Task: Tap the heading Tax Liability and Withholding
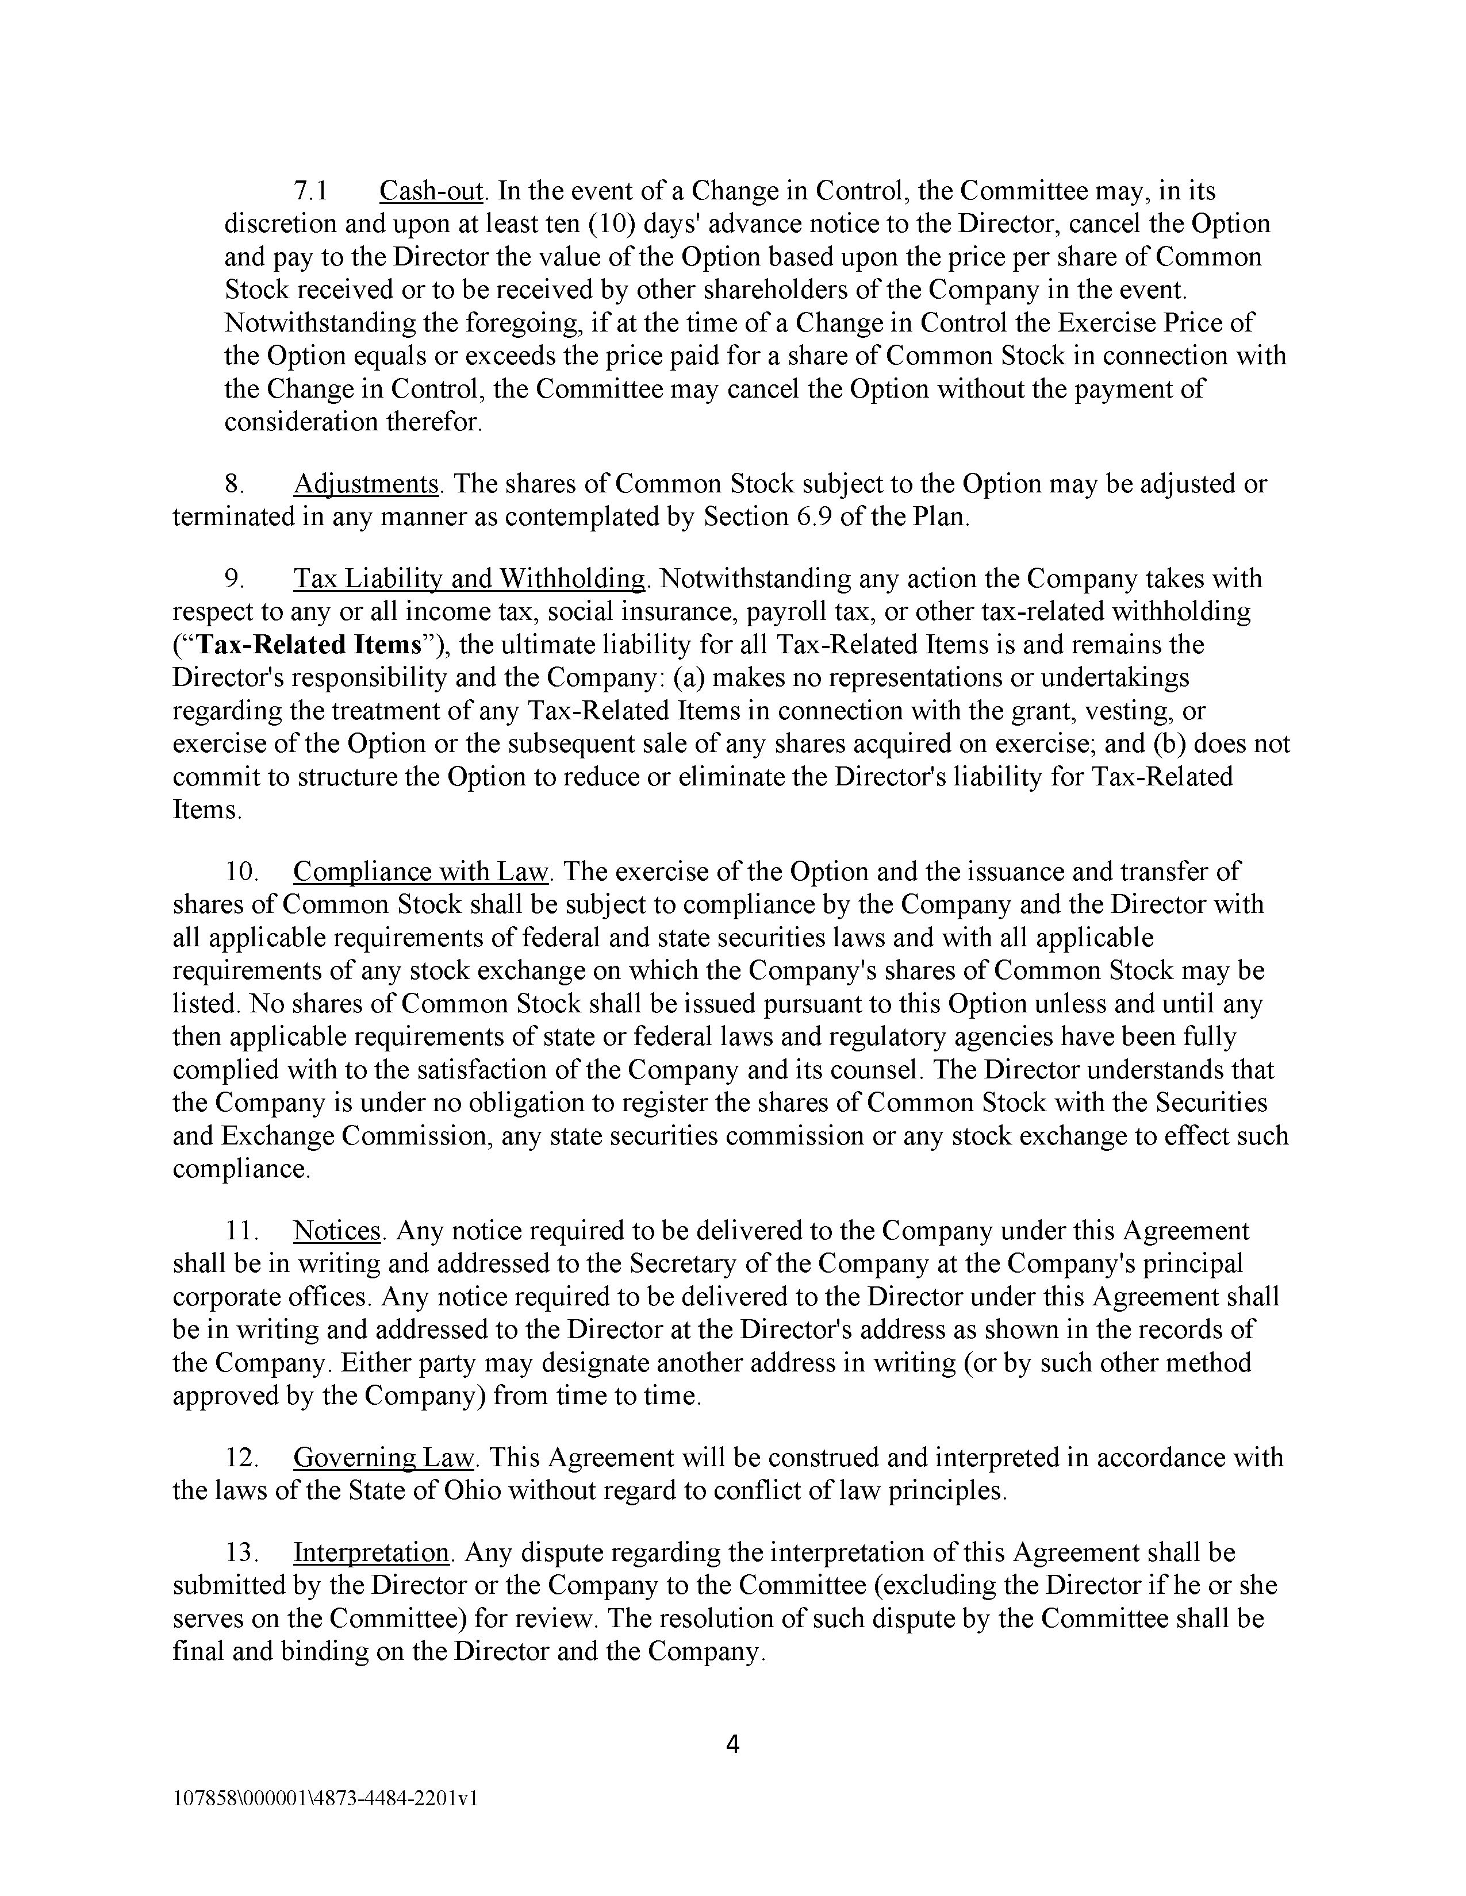(469, 579)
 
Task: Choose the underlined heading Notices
(337, 1231)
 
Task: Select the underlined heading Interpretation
(371, 1552)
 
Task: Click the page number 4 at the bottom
(732, 1744)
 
